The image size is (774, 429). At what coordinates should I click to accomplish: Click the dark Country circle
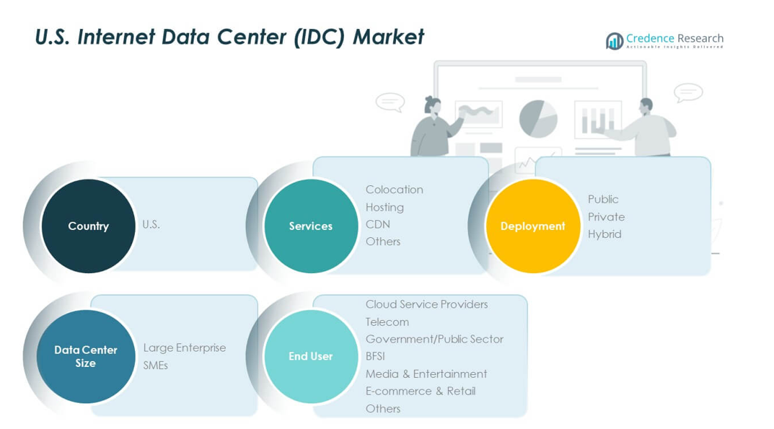(x=88, y=226)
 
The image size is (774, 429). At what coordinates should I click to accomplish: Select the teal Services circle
(x=310, y=226)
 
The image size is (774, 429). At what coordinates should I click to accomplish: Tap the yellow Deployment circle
(x=532, y=226)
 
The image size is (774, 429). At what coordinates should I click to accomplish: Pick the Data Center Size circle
(x=86, y=356)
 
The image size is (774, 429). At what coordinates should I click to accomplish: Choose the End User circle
(x=310, y=356)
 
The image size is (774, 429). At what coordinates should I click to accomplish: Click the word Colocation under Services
(x=394, y=190)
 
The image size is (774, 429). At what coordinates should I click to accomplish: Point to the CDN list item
(x=377, y=224)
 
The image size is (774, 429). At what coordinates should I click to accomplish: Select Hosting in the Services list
(x=384, y=207)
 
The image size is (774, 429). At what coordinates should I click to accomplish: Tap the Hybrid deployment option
(x=604, y=234)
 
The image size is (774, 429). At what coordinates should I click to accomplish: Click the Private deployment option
(x=606, y=216)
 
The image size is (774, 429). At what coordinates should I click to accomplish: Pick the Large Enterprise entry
(x=184, y=348)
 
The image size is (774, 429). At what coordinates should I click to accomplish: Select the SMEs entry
(x=155, y=365)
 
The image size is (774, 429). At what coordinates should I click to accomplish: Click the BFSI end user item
(x=376, y=356)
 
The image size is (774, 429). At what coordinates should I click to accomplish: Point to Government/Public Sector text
(x=434, y=339)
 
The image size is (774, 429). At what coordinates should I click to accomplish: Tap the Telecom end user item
(x=387, y=322)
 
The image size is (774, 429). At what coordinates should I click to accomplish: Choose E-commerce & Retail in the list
(x=420, y=391)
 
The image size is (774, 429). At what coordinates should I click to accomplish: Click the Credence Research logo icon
(x=615, y=41)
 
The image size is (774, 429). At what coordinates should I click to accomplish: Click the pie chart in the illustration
(x=538, y=118)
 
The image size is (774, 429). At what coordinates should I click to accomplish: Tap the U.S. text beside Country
(x=151, y=224)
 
